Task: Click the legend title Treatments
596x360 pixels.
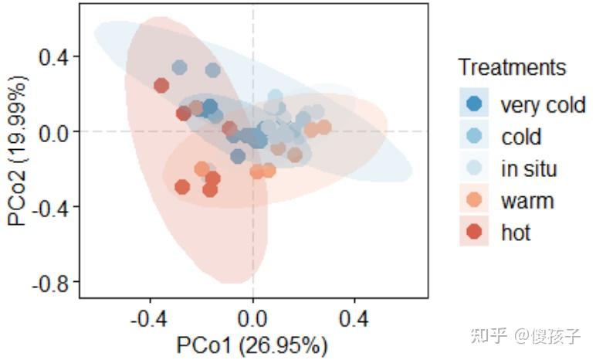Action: [511, 67]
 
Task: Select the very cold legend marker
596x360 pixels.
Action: [474, 104]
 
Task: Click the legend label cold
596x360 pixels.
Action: [521, 137]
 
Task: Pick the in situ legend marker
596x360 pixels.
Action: [474, 168]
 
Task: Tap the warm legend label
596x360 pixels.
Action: [527, 201]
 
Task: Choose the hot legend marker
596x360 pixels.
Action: [474, 231]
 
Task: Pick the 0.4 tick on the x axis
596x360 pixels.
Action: [354, 319]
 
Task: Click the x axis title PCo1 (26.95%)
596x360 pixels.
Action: [252, 344]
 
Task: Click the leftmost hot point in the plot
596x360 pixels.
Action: [161, 85]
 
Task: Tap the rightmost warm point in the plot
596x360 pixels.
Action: [323, 127]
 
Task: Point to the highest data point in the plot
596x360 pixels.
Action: [180, 67]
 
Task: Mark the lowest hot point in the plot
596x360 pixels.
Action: [210, 190]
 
